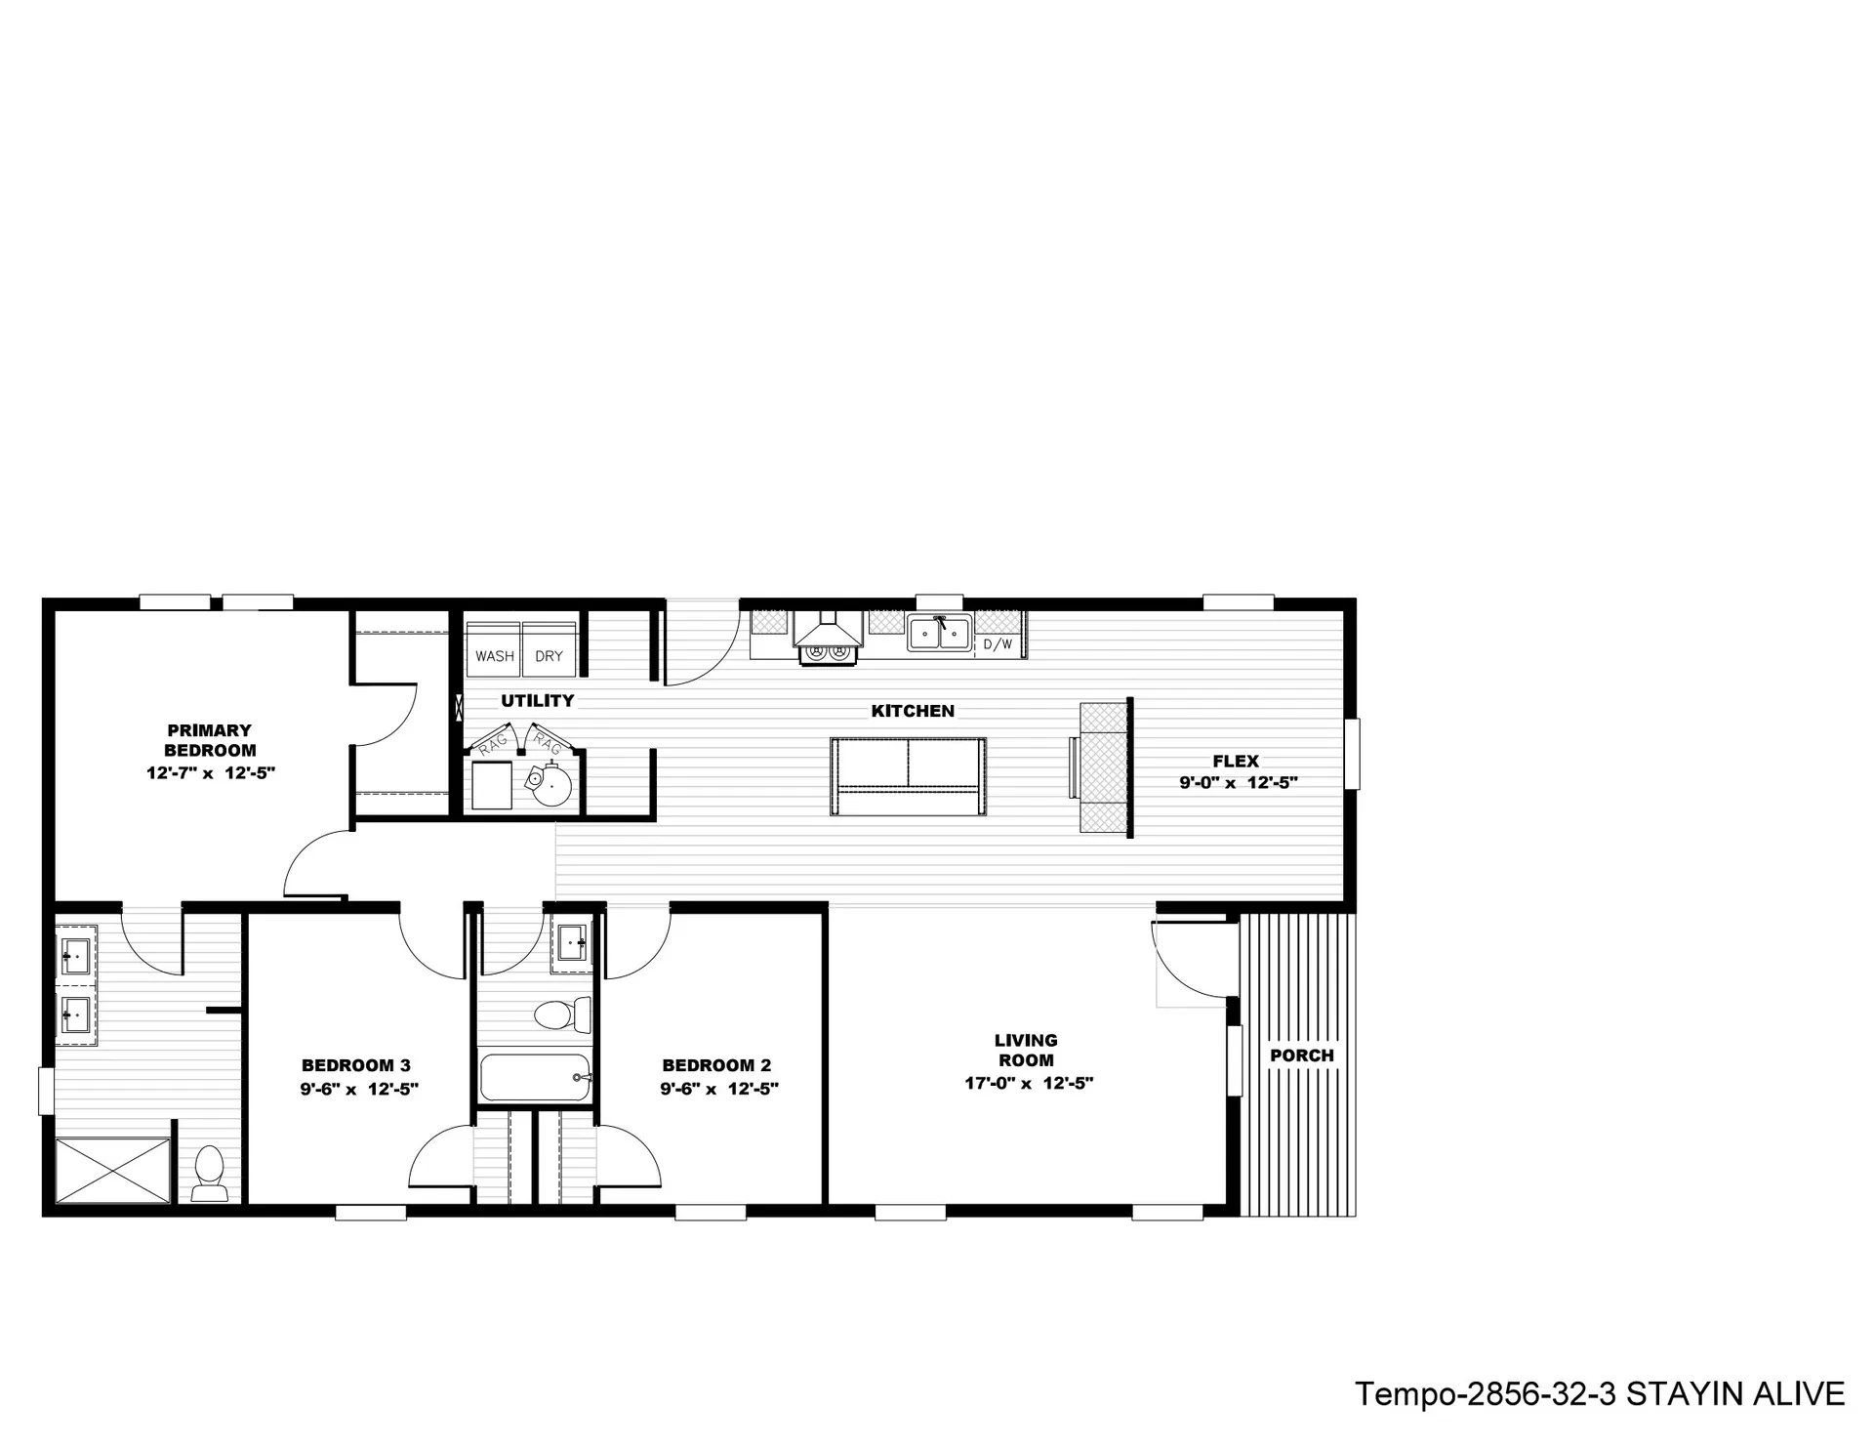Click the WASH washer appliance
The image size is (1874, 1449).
(495, 645)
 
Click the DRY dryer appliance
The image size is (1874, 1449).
(550, 645)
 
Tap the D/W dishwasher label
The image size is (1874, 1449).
(998, 644)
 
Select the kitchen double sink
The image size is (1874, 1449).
(939, 633)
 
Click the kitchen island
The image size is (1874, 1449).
(908, 776)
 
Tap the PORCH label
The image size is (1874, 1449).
(1302, 1056)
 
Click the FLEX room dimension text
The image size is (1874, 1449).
(1239, 782)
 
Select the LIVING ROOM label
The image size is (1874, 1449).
(1026, 1050)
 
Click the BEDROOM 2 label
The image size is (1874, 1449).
(716, 1065)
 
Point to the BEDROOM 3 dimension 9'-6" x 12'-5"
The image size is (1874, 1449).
(359, 1089)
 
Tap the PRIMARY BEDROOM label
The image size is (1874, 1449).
(210, 740)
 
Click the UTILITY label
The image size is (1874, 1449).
(538, 700)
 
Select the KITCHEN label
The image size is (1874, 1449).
(913, 711)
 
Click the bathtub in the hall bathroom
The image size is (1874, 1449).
(536, 1077)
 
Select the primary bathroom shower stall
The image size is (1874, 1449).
(112, 1170)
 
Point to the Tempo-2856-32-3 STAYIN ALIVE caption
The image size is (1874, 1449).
(1600, 1393)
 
